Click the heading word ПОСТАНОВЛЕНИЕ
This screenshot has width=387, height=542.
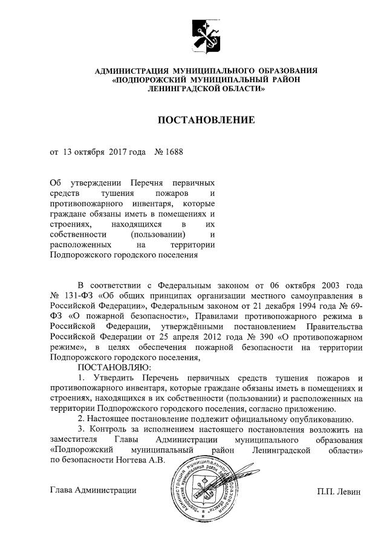(206, 120)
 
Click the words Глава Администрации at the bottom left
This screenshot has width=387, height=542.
(93, 491)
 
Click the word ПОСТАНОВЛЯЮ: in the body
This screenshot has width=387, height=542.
(112, 368)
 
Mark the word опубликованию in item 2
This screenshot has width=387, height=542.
(314, 419)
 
